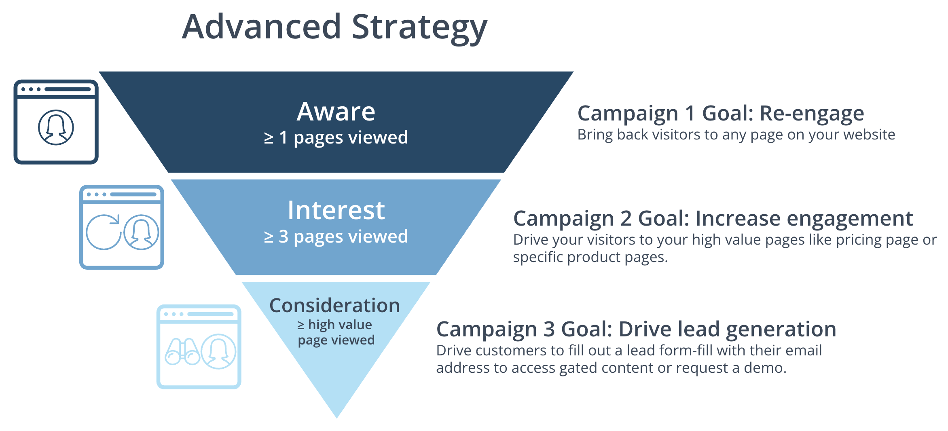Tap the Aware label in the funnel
pos(336,112)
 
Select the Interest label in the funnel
pos(336,210)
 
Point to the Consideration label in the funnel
pos(334,306)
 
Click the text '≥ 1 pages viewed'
pos(336,137)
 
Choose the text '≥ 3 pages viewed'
pos(336,237)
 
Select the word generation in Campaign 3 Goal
pos(781,329)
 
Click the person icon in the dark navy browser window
pos(56,127)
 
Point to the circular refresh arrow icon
pos(104,232)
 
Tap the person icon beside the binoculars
pos(219,351)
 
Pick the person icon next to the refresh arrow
pos(141,232)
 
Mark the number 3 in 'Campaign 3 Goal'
pos(549,329)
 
